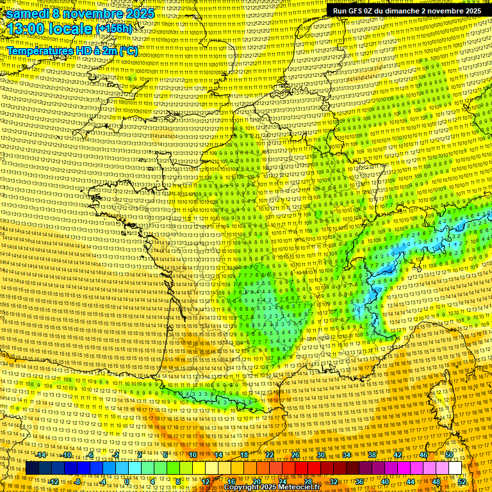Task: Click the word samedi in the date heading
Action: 31,13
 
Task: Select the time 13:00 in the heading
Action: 29,28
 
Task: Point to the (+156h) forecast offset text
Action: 114,29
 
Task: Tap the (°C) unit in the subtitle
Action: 128,50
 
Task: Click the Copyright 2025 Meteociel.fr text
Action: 272,488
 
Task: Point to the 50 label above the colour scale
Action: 449,455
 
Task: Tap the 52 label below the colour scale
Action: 462,482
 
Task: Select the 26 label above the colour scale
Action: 295,455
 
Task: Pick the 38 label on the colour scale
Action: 372,455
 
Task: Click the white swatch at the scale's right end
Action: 455,468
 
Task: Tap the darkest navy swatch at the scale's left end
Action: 32,468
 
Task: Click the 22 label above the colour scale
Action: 270,455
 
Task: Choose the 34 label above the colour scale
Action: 347,455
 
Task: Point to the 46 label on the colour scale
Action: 423,455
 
